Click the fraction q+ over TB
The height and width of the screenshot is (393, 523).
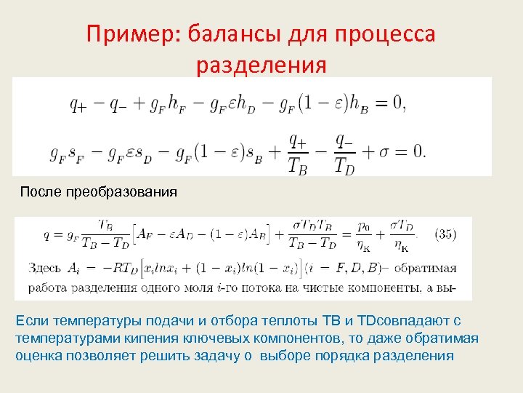[x=298, y=151]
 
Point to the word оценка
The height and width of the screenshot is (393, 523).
[x=38, y=356]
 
